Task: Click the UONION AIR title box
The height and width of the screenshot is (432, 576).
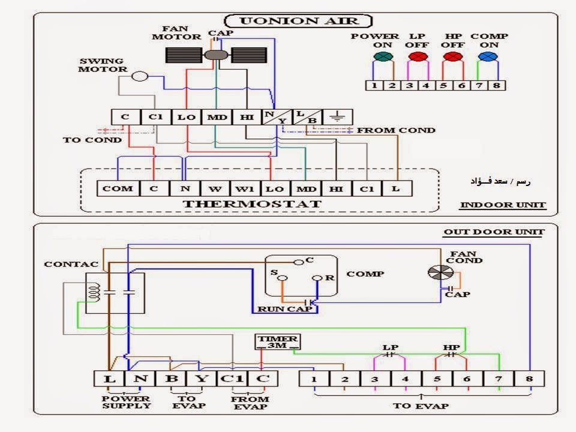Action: pyautogui.click(x=298, y=21)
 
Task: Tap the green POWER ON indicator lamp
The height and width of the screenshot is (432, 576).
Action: pyautogui.click(x=383, y=56)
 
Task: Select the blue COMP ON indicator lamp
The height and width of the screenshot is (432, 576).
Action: pyautogui.click(x=488, y=56)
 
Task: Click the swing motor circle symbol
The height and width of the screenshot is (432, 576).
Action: pyautogui.click(x=140, y=76)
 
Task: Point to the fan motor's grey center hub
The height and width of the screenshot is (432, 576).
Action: pyautogui.click(x=216, y=55)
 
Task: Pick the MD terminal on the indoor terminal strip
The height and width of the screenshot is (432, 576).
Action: pyautogui.click(x=217, y=117)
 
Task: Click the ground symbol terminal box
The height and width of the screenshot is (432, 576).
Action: pyautogui.click(x=337, y=117)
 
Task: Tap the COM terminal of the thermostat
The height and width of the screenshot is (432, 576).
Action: pyautogui.click(x=118, y=188)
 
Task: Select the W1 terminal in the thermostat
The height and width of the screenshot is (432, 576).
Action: pyautogui.click(x=245, y=188)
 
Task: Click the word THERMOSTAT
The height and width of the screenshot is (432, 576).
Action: pyautogui.click(x=252, y=204)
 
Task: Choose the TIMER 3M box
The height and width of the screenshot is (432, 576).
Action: pyautogui.click(x=277, y=342)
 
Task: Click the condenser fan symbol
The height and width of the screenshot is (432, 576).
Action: pyautogui.click(x=440, y=272)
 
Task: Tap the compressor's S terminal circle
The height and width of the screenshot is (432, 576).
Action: pyautogui.click(x=283, y=278)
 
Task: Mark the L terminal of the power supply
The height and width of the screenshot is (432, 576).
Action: pyautogui.click(x=109, y=378)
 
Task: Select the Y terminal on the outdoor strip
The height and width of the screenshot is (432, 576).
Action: pyautogui.click(x=202, y=378)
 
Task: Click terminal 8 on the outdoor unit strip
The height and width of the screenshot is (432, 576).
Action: pyautogui.click(x=529, y=379)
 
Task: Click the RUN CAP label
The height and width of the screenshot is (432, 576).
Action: pyautogui.click(x=284, y=309)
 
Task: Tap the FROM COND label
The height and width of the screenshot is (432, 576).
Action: pyautogui.click(x=396, y=130)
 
